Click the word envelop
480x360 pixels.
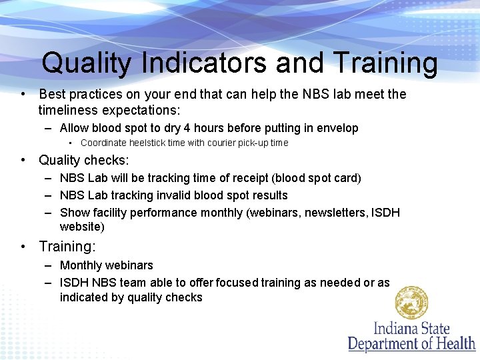click(x=334, y=128)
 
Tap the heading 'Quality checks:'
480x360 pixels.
click(x=84, y=160)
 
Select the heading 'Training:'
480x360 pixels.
click(x=67, y=247)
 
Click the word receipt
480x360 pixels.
click(x=269, y=178)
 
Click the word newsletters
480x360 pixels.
click(x=322, y=213)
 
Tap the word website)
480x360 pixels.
click(x=82, y=227)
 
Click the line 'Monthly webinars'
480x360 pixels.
click(x=107, y=265)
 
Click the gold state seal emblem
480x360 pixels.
click(x=411, y=303)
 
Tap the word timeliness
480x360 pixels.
click(x=69, y=110)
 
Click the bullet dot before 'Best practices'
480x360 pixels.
click(x=23, y=95)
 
